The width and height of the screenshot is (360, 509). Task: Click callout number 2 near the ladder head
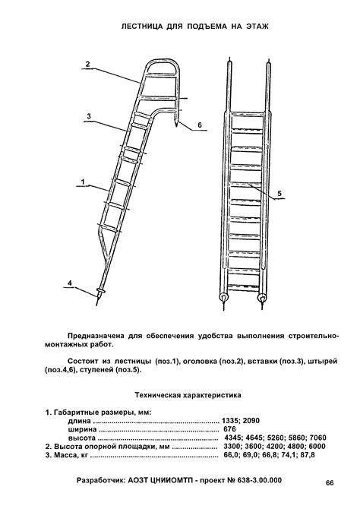coord(89,65)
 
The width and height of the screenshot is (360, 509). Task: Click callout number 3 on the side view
coord(89,116)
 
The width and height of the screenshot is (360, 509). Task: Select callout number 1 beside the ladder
coord(81,182)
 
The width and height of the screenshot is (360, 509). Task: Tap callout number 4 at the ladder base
coord(70,283)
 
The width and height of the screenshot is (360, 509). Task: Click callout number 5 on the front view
coord(279,194)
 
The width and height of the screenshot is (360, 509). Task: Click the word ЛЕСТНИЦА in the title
coord(147,26)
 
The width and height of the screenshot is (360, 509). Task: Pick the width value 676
coord(229,429)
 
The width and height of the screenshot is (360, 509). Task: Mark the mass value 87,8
coord(305,456)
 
